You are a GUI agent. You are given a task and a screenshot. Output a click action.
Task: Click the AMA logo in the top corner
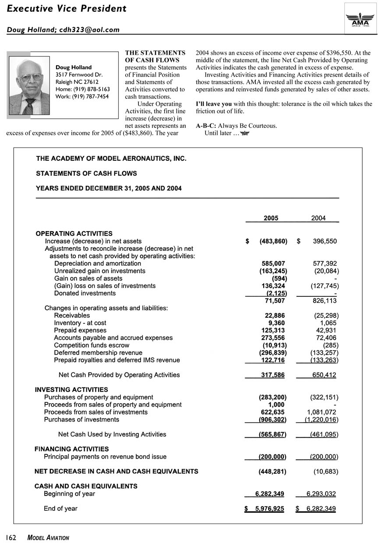(360, 18)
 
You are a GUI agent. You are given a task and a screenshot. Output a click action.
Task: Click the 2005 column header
(271, 218)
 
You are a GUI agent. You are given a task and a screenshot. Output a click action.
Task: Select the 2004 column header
(318, 218)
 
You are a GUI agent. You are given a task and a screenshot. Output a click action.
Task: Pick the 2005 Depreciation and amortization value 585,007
(273, 264)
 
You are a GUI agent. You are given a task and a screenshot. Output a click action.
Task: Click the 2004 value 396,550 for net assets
(321, 241)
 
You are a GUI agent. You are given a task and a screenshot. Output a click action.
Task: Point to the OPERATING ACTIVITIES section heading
(74, 234)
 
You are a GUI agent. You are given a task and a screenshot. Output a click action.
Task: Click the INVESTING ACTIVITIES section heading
(71, 390)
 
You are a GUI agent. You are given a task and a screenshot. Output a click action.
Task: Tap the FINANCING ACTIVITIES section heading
(72, 449)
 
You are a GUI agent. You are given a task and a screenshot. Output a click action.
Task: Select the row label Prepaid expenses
(80, 331)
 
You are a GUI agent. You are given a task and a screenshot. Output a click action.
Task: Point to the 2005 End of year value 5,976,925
(270, 509)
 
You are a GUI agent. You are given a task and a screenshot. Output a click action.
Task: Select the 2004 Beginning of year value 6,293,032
(321, 494)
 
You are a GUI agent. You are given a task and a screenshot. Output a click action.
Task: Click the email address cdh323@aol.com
(94, 29)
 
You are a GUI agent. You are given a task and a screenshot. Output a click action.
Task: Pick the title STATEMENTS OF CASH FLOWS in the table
(86, 173)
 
